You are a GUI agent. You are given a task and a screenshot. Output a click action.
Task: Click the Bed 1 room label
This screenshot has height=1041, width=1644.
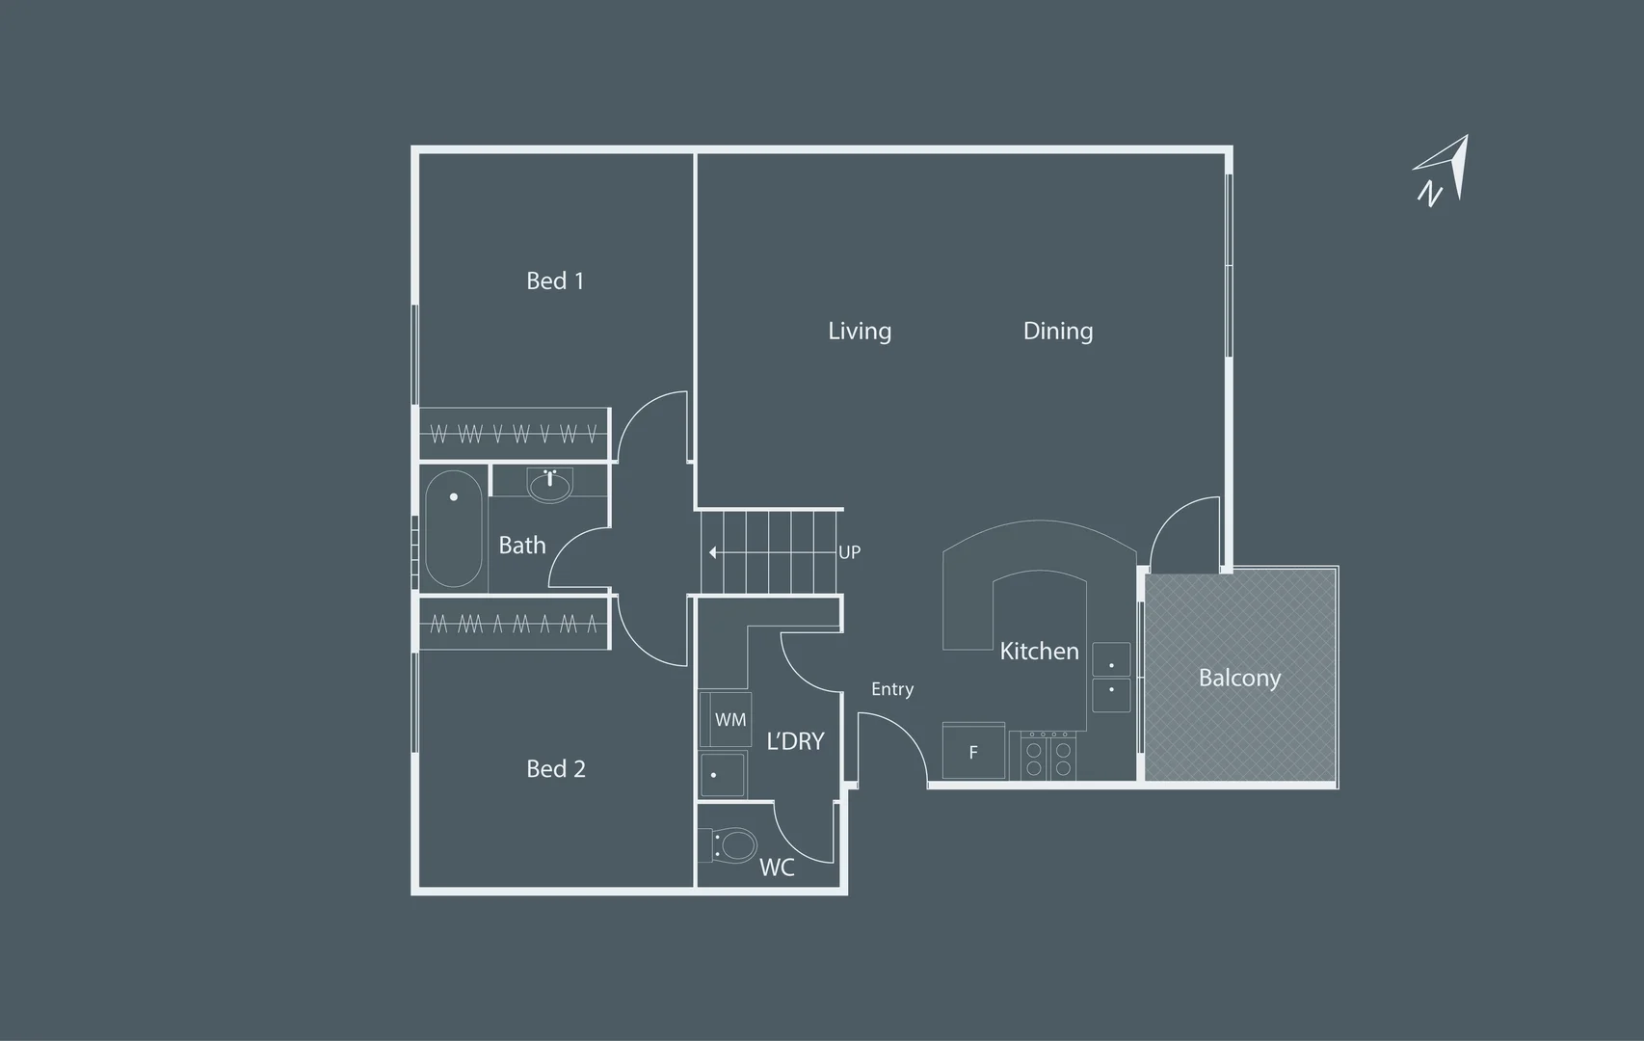[x=555, y=280]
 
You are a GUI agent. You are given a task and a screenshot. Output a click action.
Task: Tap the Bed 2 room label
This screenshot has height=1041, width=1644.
[x=556, y=768]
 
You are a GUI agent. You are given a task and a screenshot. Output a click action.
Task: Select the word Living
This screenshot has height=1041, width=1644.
[x=860, y=331]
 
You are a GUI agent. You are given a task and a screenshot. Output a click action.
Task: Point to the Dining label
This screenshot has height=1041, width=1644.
[x=1058, y=331]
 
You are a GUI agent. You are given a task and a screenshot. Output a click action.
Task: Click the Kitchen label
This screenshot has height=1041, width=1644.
[x=1039, y=651]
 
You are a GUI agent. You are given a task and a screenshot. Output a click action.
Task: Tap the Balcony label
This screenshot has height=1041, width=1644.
[x=1239, y=678]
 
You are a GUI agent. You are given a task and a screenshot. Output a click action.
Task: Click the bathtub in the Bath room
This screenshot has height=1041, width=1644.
[x=453, y=527]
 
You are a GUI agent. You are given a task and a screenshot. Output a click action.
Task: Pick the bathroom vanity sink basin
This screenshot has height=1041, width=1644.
[x=549, y=484]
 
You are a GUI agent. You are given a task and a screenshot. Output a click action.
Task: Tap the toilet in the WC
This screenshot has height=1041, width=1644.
[x=734, y=846]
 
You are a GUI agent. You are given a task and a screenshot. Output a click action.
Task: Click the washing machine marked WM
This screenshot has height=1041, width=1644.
[x=726, y=719]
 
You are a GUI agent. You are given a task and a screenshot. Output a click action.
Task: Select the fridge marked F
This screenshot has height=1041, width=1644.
[x=973, y=752]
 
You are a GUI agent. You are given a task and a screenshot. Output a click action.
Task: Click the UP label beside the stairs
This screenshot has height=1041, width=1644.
[x=849, y=552]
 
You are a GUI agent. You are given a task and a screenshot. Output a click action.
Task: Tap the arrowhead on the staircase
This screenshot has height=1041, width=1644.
[x=713, y=552]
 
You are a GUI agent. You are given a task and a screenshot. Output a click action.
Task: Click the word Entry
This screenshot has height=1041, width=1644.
[x=892, y=689]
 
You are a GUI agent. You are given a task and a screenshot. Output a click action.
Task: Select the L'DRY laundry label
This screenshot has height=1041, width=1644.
[x=795, y=741]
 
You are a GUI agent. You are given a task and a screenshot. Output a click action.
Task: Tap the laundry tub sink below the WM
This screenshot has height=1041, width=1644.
[x=723, y=774]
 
